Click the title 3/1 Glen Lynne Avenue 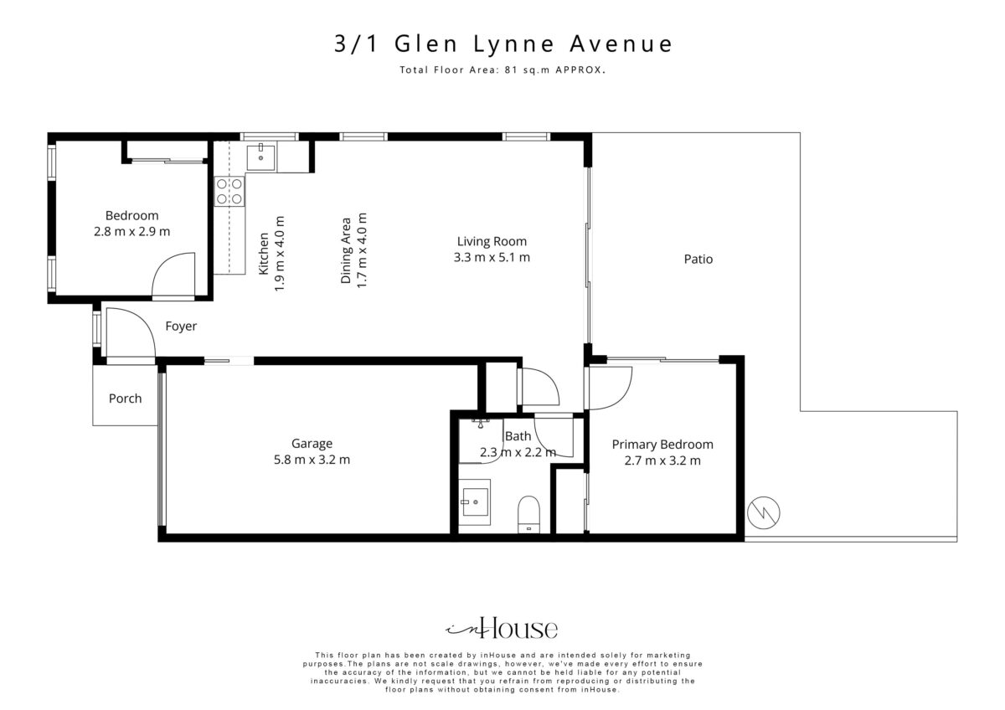pos(503,44)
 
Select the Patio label pos(698,259)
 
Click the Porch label pos(125,399)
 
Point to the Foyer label pos(181,326)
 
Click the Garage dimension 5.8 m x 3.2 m pos(312,460)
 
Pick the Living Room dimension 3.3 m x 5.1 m pos(492,257)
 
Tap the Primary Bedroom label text pos(662,445)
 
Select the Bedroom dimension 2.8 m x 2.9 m pos(132,231)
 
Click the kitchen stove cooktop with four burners pos(229,191)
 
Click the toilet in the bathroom pos(529,514)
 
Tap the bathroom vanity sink pos(474,502)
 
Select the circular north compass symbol pos(764,512)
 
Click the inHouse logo pos(502,628)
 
